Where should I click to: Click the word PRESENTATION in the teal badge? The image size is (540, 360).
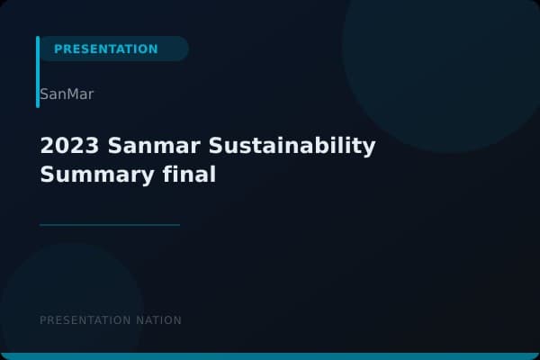(105, 49)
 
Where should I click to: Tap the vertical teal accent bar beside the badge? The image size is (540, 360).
(38, 72)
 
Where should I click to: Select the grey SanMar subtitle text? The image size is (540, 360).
(67, 94)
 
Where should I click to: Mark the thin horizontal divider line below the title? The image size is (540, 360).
(110, 225)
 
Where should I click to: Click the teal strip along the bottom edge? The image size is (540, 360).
(270, 356)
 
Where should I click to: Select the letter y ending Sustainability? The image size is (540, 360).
(369, 148)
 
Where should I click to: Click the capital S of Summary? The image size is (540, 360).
(47, 175)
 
